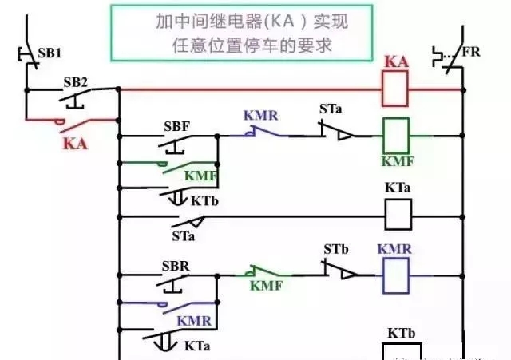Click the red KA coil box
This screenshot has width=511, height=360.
point(397,89)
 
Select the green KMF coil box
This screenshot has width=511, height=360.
point(397,136)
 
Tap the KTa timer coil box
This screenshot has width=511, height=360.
point(398,214)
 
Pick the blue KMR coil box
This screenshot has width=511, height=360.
point(397,276)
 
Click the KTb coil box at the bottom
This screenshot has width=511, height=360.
point(398,351)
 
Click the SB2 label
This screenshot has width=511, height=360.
point(76,82)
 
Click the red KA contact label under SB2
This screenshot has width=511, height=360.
point(74,144)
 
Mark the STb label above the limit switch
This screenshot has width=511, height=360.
point(336,249)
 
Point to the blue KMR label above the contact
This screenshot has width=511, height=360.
point(260,116)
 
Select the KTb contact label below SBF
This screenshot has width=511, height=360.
point(203,200)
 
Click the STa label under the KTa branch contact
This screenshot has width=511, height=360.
point(184,235)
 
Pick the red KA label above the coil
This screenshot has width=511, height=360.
point(397,61)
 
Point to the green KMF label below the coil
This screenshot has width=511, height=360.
point(397,162)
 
